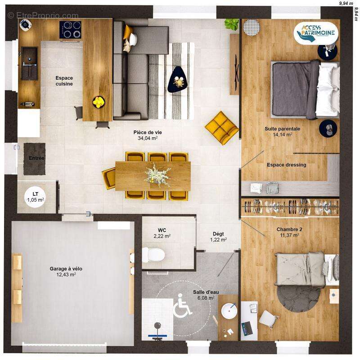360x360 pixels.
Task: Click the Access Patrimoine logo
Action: pos(316,33)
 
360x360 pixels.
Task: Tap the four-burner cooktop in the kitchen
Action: pos(70,30)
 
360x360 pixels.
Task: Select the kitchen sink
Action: pos(29,63)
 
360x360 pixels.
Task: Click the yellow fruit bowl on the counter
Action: pos(99,102)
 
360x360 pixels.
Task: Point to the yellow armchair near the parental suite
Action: pos(222,128)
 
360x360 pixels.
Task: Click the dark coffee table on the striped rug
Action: pos(178,80)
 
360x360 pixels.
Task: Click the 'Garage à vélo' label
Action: pos(66,269)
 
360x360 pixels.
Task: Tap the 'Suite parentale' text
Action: pos(282,129)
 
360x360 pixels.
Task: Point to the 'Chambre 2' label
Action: pos(289,229)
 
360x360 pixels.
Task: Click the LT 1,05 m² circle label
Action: pos(36,198)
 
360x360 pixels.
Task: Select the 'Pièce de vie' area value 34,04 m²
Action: pos(148,138)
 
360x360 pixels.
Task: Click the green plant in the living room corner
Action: pos(231,24)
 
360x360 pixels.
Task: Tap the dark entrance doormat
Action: pos(35,159)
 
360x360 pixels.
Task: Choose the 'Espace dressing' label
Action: pos(287,165)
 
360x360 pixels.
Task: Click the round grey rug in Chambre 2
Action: pos(299,298)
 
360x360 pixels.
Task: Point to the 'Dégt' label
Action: pos(218,234)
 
